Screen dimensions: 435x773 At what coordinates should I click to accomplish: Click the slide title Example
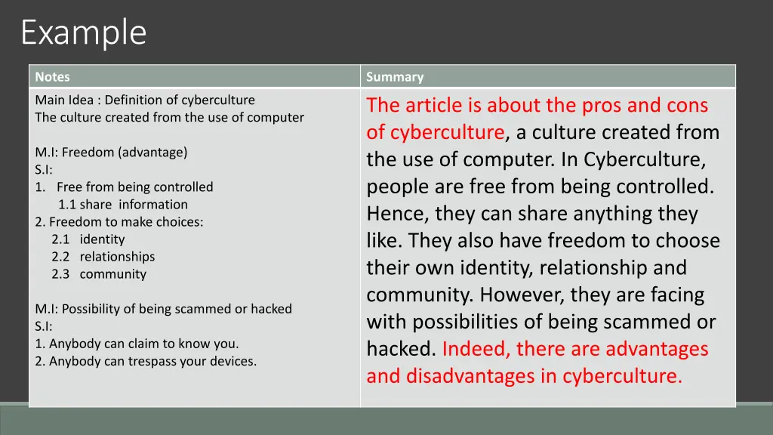[83, 32]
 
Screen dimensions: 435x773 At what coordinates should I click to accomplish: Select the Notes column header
[52, 76]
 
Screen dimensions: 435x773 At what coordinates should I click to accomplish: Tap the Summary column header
[395, 76]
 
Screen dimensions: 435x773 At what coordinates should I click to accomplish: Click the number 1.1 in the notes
[67, 204]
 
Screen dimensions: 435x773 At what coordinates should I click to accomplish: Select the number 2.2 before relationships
[60, 257]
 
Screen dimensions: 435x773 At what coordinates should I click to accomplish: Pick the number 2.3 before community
[60, 274]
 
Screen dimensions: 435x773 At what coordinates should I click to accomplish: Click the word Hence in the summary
[397, 214]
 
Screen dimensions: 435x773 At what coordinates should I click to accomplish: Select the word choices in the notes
[182, 222]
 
